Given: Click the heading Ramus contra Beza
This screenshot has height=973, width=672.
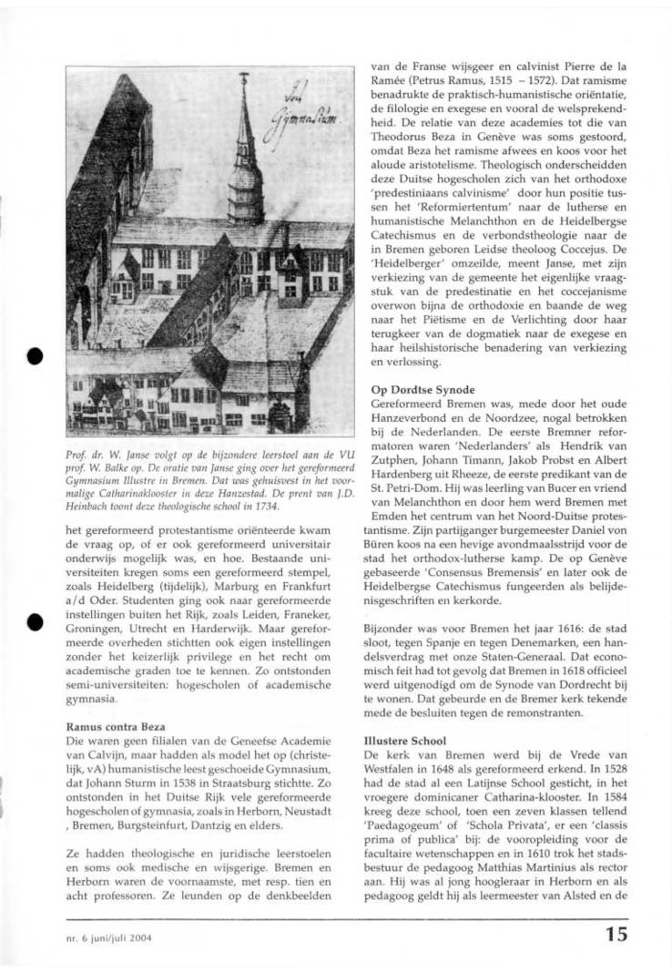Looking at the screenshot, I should [112, 727].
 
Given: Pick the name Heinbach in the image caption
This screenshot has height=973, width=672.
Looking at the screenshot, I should [90, 506].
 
